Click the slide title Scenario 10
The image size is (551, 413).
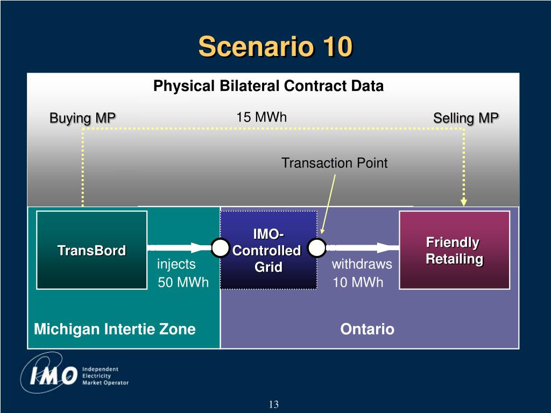pos(275,46)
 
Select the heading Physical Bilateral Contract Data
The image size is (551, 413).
pos(269,86)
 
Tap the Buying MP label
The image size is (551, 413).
pos(82,118)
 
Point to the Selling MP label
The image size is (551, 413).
pos(466,118)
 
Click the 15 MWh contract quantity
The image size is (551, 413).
pos(262,117)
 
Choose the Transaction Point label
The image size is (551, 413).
pos(334,163)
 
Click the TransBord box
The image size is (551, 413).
pos(91,250)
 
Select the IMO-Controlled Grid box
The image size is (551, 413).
pos(269,250)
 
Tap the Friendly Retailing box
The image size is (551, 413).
pos(454,250)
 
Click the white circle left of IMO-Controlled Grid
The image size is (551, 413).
pos(220,247)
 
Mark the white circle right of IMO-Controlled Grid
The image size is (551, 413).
pos(317,247)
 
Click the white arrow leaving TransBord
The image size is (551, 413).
pos(179,247)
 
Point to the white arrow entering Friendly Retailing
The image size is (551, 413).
pos(363,247)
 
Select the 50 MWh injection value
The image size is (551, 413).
pos(183,282)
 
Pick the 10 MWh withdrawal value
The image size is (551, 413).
pos(358,282)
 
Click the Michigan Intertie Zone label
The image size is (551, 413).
pos(115,329)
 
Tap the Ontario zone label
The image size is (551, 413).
pos(367,329)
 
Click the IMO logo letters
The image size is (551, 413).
pos(53,375)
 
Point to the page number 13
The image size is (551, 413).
pos(274,404)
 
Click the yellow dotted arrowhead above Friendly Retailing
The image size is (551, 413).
pos(464,202)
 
